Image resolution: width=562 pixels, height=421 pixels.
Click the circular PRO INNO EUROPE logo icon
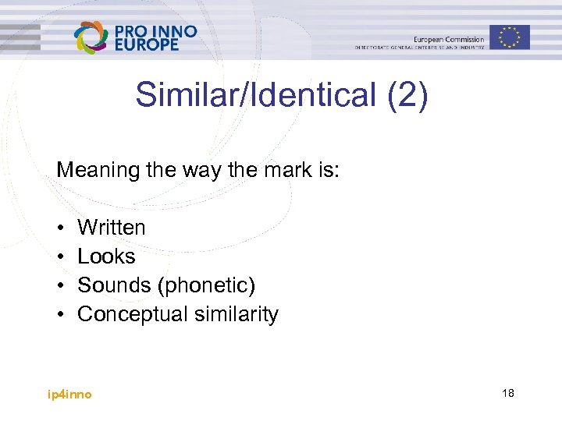pos(91,37)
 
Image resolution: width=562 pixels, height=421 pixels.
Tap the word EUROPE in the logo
pos(147,45)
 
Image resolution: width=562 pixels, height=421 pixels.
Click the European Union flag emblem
pos(510,37)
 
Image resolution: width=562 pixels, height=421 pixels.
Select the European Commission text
pos(449,39)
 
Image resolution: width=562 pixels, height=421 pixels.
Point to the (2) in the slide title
pos(407,96)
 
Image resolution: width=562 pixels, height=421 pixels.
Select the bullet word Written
pos(112,228)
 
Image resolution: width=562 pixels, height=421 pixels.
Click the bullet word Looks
pos(106,256)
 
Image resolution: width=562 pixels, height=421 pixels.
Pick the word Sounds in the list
pos(115,285)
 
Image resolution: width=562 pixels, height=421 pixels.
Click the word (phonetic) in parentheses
pos(206,286)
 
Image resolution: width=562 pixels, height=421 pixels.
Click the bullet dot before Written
pos(60,228)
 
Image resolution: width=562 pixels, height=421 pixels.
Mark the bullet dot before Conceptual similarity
pos(60,315)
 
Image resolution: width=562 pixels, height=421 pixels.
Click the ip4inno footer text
pos(69,394)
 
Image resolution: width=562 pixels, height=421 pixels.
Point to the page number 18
pos(507,394)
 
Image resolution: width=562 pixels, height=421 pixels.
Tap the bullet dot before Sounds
pos(60,286)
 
